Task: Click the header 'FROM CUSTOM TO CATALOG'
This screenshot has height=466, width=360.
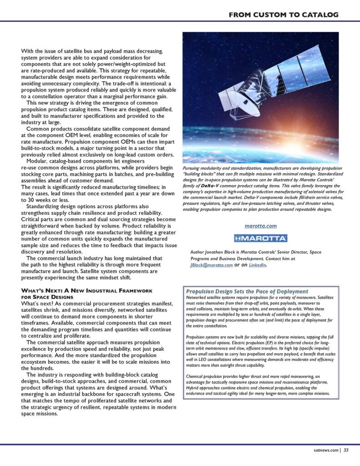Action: [x=283, y=15]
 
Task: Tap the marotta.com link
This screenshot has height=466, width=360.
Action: [x=260, y=226]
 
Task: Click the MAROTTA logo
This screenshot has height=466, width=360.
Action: [x=260, y=238]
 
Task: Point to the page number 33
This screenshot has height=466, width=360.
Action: [x=346, y=450]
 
